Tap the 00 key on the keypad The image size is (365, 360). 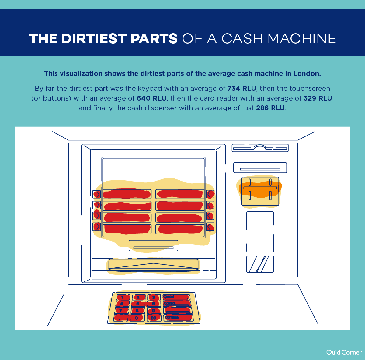tap(153, 318)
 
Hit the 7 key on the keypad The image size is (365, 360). tap(121, 311)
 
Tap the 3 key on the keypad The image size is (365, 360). tap(154, 297)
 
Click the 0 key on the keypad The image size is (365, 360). tap(136, 318)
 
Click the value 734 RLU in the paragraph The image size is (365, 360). tap(242, 89)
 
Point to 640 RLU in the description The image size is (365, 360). tap(151, 98)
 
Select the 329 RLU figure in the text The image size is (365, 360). tap(318, 98)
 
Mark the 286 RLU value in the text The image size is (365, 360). tap(270, 108)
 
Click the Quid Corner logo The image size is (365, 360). tap(344, 352)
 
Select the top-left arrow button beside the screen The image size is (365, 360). tap(97, 194)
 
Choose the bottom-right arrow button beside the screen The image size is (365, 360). tap(210, 227)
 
